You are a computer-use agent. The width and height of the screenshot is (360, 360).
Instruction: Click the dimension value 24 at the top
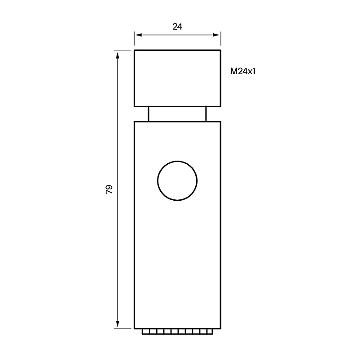point(177,27)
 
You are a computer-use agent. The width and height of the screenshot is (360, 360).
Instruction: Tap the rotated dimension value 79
point(109,189)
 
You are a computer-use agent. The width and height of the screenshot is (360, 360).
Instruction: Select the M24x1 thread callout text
point(243,72)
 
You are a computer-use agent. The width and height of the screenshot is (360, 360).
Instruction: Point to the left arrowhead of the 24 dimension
point(139,35)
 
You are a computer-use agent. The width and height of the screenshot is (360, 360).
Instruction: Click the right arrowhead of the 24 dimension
point(216,35)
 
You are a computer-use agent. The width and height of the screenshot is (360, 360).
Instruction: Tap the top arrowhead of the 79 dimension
point(117,56)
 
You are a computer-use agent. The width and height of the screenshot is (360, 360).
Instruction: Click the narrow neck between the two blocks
point(177,114)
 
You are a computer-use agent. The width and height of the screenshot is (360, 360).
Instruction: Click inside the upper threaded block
point(177,78)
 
